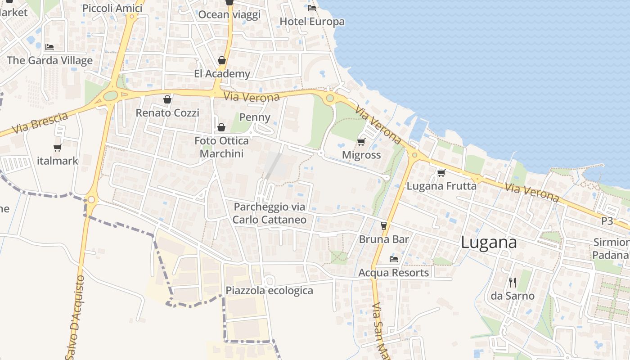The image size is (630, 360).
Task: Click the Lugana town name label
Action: tap(489, 243)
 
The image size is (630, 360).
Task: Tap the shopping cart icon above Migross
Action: tap(361, 142)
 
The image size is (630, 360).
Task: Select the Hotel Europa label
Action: tap(312, 22)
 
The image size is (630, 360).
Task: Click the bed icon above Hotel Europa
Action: tap(312, 8)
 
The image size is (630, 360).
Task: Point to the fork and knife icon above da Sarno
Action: tap(513, 283)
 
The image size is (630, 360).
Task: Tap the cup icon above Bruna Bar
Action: tap(384, 225)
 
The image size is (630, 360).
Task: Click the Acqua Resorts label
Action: tap(393, 273)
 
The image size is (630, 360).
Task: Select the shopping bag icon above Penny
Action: tap(221, 127)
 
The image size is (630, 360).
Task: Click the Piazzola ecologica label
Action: tap(269, 290)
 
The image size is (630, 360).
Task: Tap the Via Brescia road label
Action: tap(40, 123)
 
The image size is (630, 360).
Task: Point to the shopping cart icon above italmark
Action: tap(57, 148)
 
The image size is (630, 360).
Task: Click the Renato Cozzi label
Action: tap(167, 112)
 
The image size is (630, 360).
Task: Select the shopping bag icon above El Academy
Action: tap(221, 60)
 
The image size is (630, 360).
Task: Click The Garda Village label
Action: tap(49, 60)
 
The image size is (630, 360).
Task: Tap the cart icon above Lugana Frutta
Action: tap(441, 173)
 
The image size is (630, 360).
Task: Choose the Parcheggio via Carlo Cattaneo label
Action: tap(270, 213)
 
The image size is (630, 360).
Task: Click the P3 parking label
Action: tap(607, 221)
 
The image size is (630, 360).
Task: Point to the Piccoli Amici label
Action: tap(112, 8)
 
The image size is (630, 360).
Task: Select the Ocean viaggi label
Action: tap(229, 14)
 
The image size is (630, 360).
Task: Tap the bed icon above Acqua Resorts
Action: tap(394, 259)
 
